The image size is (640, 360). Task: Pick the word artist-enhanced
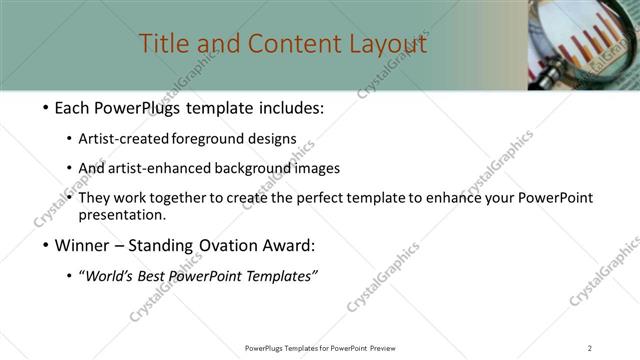[x=159, y=168]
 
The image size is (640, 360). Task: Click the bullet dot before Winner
[x=48, y=246]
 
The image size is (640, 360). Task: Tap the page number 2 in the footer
[x=589, y=348]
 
